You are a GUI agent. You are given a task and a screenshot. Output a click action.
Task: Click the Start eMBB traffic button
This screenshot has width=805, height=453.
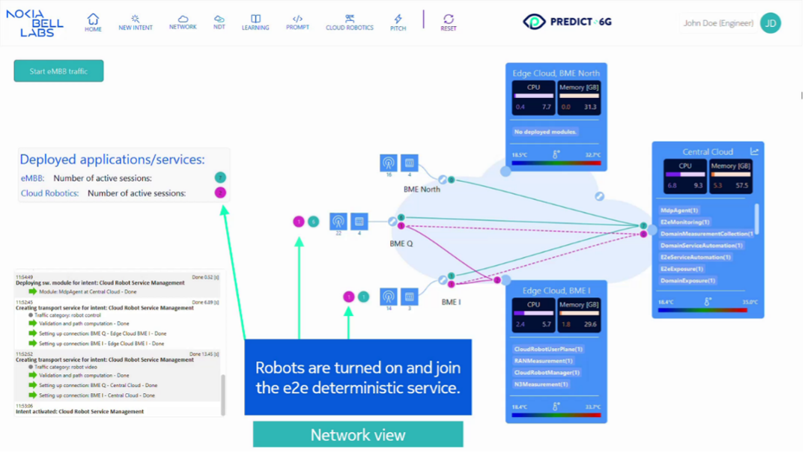point(58,71)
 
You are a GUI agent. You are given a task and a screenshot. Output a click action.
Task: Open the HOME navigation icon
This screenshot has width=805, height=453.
point(93,22)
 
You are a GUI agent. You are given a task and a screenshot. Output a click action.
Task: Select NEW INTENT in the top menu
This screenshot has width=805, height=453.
point(136,22)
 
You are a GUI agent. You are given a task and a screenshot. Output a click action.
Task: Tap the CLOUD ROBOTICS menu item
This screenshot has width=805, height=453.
point(349,22)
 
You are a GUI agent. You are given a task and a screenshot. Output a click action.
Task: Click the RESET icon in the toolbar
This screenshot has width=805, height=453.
point(449,22)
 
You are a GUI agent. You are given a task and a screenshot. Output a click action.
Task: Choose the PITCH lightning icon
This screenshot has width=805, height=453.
point(398,22)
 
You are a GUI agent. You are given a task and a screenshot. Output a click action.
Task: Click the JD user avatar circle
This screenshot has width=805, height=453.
point(771,23)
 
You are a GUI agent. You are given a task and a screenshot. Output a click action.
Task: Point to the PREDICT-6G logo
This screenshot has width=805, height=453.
point(568,22)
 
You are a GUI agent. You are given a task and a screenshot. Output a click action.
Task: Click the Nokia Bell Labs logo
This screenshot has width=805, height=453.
point(34,23)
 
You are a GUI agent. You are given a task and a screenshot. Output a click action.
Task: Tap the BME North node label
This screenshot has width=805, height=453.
point(422,189)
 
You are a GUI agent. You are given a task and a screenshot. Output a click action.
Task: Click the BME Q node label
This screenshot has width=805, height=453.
point(401,244)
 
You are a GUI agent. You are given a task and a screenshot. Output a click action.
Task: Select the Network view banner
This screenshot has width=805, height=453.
point(358,435)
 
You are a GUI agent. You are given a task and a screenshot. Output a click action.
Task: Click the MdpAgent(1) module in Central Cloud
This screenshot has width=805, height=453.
point(679,210)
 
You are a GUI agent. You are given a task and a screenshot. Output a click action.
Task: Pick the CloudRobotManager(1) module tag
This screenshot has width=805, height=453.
point(547,372)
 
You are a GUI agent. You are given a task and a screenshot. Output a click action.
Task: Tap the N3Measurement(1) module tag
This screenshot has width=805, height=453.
point(541,384)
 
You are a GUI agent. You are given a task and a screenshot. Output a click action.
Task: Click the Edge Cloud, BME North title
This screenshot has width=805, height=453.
point(556,73)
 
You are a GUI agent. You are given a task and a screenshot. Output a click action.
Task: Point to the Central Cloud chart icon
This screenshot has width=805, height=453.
point(754,151)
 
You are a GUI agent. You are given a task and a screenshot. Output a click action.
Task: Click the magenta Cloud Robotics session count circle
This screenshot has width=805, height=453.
point(220,193)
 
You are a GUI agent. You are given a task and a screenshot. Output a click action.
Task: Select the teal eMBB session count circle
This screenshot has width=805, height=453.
point(220,178)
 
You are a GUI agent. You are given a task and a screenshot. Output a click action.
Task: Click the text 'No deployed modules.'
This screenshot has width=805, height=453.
point(544,132)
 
